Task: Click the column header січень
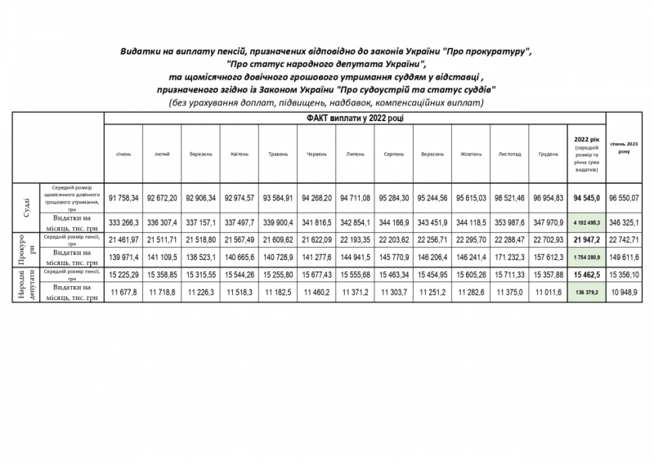tap(123, 154)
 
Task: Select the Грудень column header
tap(549, 154)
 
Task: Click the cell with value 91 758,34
tap(123, 198)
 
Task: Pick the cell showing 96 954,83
tap(549, 198)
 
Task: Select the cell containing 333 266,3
tap(123, 222)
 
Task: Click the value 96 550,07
tap(629, 198)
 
